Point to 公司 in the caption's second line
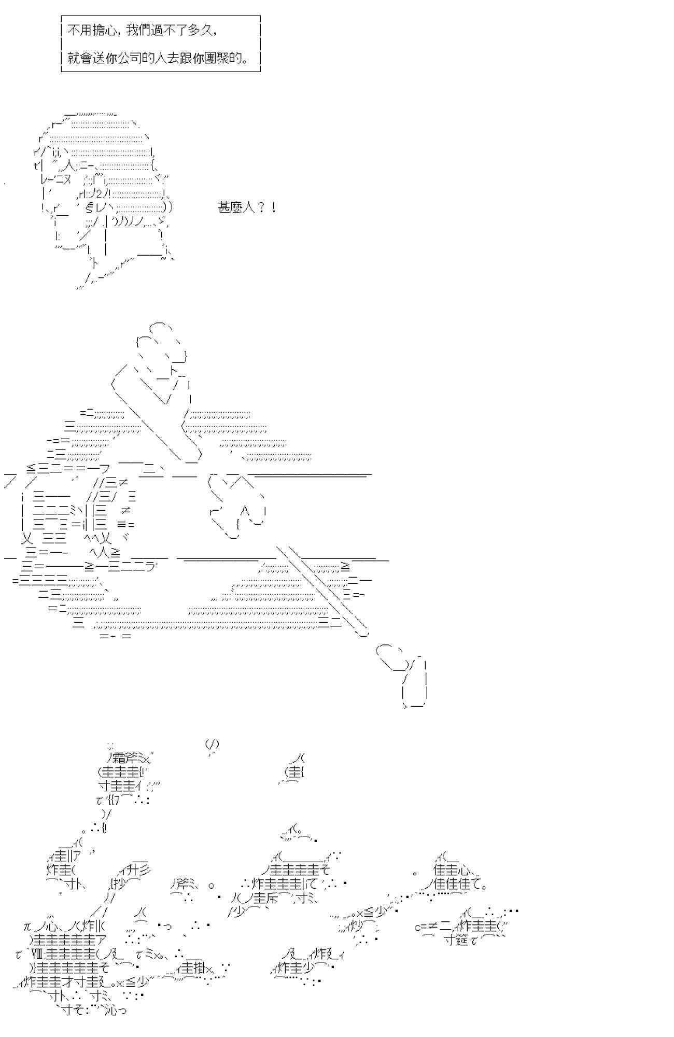click(129, 58)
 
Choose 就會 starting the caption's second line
click(79, 58)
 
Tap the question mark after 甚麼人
click(261, 208)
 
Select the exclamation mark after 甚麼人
click(273, 208)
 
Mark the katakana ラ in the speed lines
click(151, 567)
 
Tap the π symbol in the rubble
click(28, 927)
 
